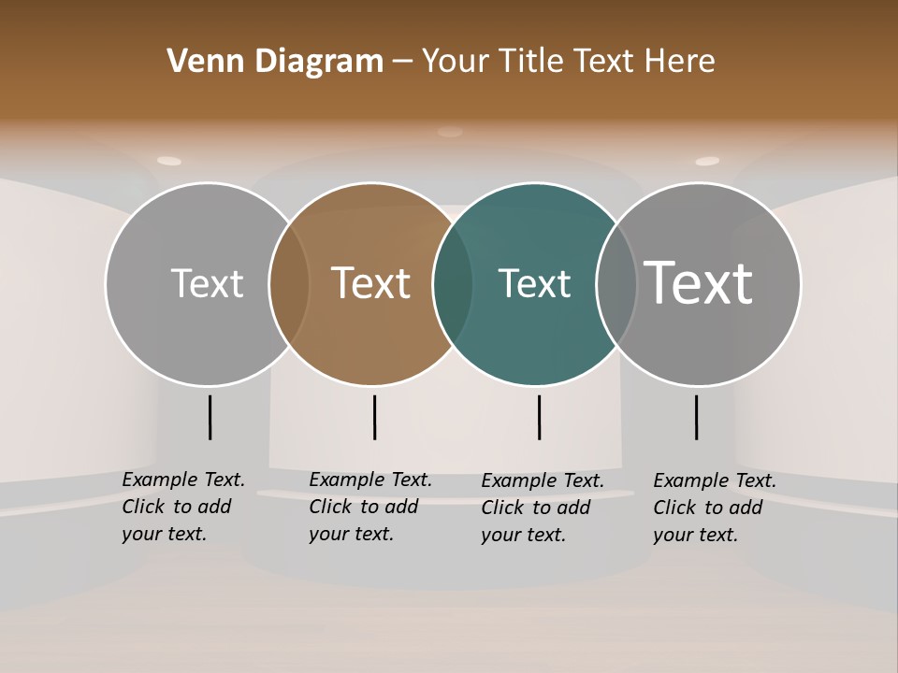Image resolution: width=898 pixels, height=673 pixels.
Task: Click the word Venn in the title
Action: (200, 62)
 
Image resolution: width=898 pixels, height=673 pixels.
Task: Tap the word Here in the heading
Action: (681, 62)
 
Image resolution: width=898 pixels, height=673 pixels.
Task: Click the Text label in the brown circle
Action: (371, 283)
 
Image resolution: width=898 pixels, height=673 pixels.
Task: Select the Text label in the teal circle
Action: (534, 283)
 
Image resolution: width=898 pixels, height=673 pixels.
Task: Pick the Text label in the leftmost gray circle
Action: (208, 283)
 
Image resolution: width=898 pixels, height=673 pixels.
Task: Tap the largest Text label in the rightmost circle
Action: (699, 282)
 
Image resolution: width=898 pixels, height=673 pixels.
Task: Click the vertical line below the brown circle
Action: (374, 417)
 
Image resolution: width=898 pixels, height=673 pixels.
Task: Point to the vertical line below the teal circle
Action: (539, 417)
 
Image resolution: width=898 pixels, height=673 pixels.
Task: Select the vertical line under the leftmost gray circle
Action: (210, 417)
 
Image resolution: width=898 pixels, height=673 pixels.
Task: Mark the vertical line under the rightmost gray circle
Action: (696, 417)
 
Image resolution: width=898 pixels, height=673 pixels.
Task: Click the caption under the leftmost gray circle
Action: (183, 507)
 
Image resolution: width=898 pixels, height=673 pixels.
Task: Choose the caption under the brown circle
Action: (370, 507)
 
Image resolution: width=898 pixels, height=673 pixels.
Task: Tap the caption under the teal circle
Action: (543, 508)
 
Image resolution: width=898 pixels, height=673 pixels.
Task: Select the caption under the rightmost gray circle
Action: (715, 508)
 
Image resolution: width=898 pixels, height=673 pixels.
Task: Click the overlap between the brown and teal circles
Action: (453, 283)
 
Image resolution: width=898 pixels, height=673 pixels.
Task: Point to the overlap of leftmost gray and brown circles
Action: (289, 283)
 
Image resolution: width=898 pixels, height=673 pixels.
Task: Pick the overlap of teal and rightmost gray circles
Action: (616, 283)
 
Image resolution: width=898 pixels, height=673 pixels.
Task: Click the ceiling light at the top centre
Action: (450, 132)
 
